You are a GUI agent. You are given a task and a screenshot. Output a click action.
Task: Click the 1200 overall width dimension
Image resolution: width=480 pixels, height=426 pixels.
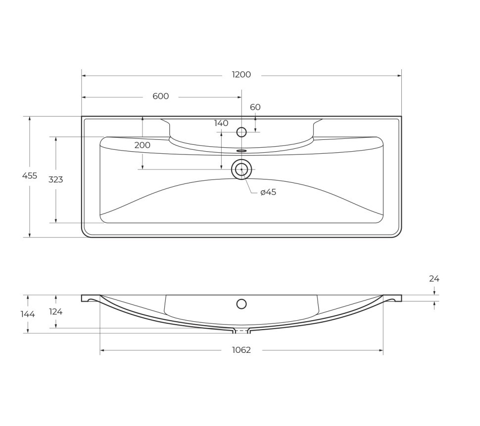(x=241, y=75)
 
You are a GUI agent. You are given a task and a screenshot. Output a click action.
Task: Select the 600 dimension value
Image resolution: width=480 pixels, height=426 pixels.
(x=161, y=96)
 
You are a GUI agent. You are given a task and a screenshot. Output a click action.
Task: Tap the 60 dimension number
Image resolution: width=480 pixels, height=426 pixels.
(x=255, y=107)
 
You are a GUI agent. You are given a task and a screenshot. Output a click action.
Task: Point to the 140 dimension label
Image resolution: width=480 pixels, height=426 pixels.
(x=221, y=123)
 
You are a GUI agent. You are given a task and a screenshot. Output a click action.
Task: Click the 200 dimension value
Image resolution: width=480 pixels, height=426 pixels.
(x=143, y=145)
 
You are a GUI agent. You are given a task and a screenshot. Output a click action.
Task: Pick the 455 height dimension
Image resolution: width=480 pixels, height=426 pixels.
(x=30, y=176)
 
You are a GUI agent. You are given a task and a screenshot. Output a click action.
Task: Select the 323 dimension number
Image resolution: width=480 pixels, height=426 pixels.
(x=56, y=180)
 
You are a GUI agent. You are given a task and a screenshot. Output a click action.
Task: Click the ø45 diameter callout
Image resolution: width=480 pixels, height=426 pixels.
(x=268, y=192)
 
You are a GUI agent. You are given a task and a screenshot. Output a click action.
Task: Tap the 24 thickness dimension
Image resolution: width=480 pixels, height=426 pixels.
(x=434, y=279)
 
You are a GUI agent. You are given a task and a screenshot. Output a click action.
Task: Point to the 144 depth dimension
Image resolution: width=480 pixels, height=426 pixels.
(x=28, y=314)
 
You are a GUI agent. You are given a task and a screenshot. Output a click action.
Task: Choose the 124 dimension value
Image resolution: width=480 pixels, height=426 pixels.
(x=56, y=312)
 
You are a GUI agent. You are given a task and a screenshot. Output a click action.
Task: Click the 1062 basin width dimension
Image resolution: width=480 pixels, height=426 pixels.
(x=241, y=350)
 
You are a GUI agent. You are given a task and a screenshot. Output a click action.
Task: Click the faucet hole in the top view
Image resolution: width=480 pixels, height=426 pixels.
(x=241, y=132)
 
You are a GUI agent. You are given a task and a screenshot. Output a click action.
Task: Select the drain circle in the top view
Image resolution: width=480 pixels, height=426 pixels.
(x=241, y=170)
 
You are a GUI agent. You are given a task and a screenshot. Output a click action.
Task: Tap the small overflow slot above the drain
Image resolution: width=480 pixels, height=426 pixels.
(x=241, y=151)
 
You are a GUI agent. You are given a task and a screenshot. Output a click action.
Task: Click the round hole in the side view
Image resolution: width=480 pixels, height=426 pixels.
(x=241, y=304)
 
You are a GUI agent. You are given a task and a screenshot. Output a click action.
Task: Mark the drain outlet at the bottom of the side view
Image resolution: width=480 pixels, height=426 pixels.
(x=241, y=331)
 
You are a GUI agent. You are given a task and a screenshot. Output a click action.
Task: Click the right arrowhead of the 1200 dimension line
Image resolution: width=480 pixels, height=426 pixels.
(x=399, y=76)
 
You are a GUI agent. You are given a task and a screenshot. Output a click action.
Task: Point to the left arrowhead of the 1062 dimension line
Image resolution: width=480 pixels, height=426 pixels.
(x=102, y=350)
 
